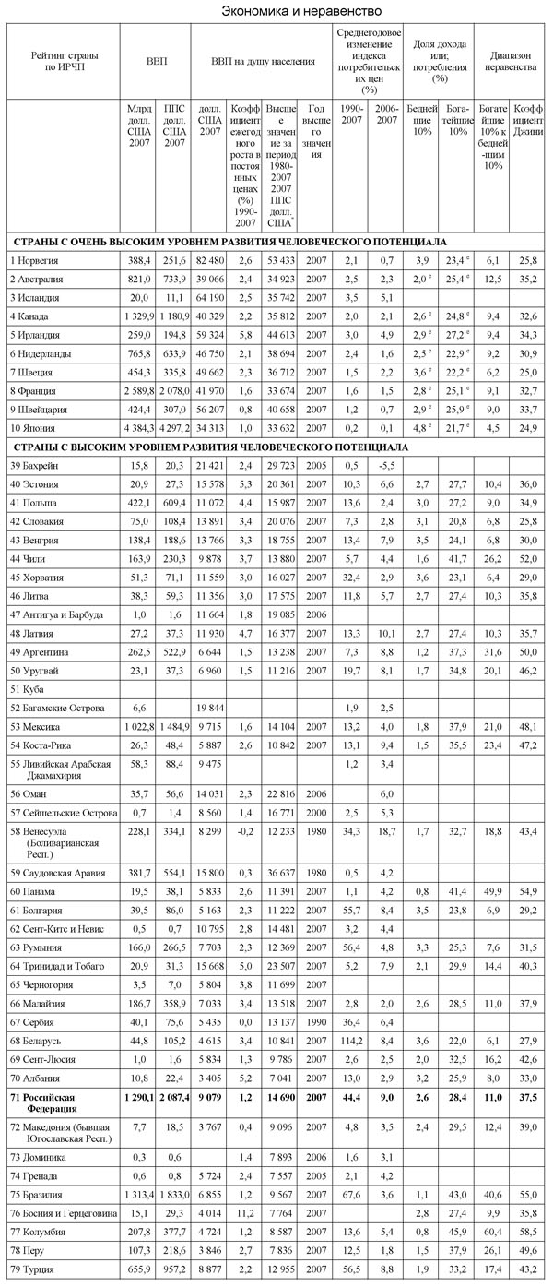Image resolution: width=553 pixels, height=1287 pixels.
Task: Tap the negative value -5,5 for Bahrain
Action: pos(384,467)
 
